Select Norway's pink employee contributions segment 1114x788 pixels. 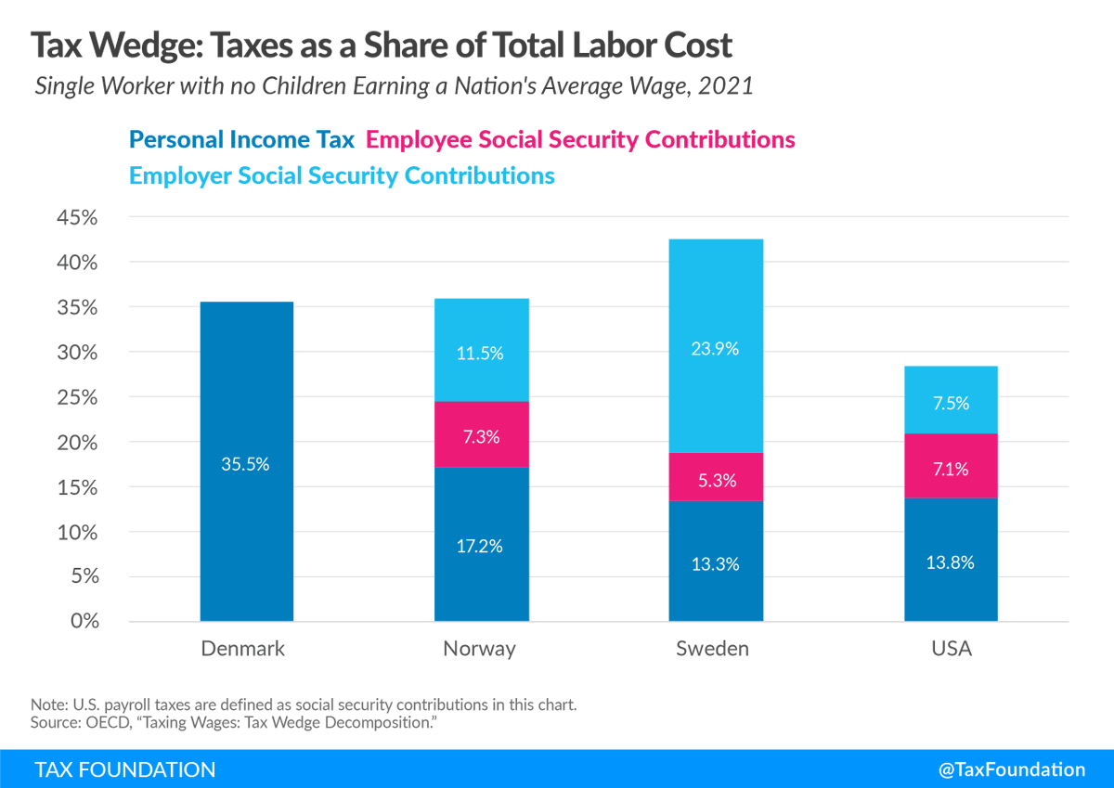point(481,434)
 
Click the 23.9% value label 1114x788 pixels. point(716,349)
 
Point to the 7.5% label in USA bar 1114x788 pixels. point(951,403)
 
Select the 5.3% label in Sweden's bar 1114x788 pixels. point(716,481)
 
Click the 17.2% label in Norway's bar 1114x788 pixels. point(481,546)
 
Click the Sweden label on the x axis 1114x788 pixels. point(712,649)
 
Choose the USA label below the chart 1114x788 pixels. point(952,649)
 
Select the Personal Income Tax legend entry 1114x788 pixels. point(242,140)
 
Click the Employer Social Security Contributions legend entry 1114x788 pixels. point(342,175)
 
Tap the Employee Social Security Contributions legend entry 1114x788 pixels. point(581,140)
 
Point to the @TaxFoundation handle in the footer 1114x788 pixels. point(1011,769)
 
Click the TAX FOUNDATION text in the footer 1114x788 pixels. point(125,769)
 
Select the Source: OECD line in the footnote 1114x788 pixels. point(234,721)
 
